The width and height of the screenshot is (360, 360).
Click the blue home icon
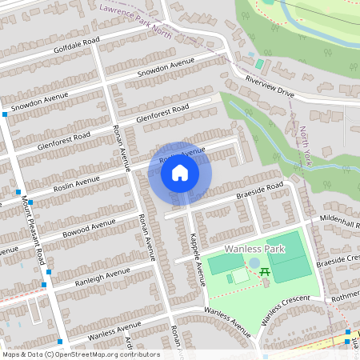(x=180, y=172)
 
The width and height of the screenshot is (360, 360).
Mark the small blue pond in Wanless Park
(x=254, y=263)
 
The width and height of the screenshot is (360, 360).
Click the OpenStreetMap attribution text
(x=80, y=354)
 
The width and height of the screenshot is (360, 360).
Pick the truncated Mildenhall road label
(x=342, y=217)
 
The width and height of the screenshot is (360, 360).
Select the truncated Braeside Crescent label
(x=338, y=258)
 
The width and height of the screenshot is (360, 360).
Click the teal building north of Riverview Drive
(x=259, y=64)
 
